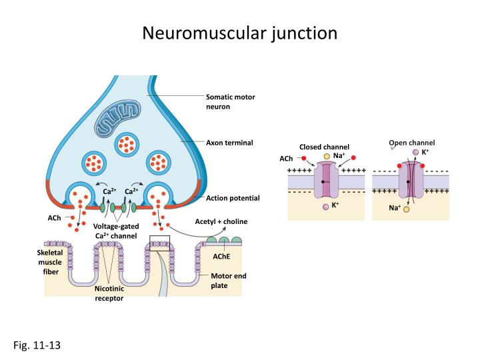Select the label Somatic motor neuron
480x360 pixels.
click(x=230, y=101)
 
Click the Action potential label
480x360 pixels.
click(x=233, y=198)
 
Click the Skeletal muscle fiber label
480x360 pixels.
click(x=49, y=262)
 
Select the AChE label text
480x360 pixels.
click(x=221, y=256)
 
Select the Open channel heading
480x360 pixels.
click(x=412, y=143)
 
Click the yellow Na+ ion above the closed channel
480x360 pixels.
click(x=327, y=156)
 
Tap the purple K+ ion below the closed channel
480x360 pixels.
click(x=325, y=207)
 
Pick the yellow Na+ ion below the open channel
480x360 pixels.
click(x=406, y=209)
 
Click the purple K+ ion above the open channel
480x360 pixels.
click(x=415, y=152)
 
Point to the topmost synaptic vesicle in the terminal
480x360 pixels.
click(x=126, y=143)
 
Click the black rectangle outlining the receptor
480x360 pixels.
click(x=160, y=241)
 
